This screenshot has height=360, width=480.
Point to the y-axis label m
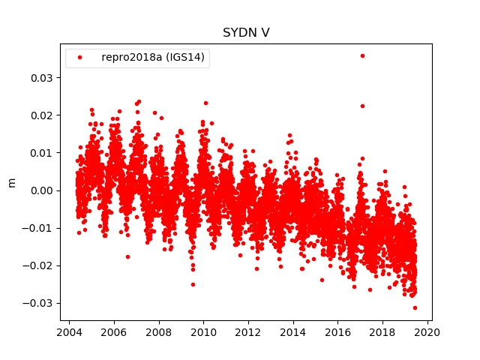coord(11,182)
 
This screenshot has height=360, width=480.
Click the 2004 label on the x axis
coord(69,332)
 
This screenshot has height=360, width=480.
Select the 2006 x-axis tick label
coord(114,332)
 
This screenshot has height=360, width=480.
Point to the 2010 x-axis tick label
coord(203,332)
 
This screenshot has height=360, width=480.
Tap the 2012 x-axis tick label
coord(248,332)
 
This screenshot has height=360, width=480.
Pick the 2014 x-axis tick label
coord(293,332)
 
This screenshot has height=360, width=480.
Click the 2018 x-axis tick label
coord(382,332)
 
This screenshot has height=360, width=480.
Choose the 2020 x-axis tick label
coord(427,332)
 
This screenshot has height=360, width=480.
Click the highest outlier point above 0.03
coord(362,55)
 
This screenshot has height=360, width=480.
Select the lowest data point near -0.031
coord(415,307)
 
